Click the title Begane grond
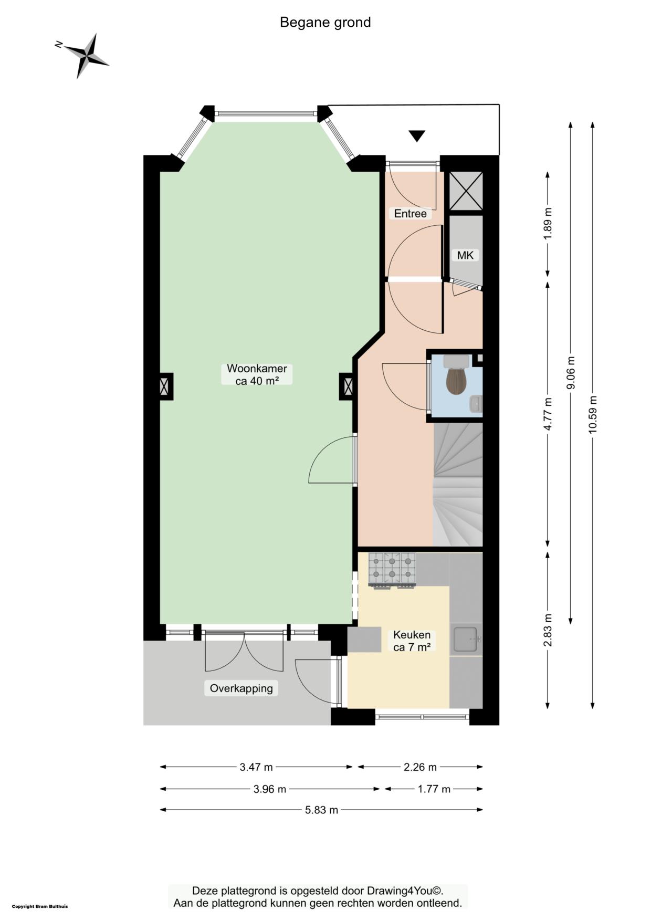[x=325, y=23]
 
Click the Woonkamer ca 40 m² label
[x=257, y=375]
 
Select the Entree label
[x=410, y=214]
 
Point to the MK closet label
[x=465, y=255]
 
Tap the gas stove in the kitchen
[x=392, y=570]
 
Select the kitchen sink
[x=465, y=640]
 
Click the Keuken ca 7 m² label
[x=412, y=641]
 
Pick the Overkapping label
[x=241, y=688]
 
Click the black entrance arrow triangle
[x=417, y=136]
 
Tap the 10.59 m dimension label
[x=593, y=414]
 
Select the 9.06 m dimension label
[x=571, y=373]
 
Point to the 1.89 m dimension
[x=548, y=224]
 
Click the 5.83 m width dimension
[x=321, y=810]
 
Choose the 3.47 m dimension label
[x=256, y=767]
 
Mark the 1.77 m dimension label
[x=434, y=789]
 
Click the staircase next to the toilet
[x=457, y=485]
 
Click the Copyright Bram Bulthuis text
[x=40, y=906]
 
